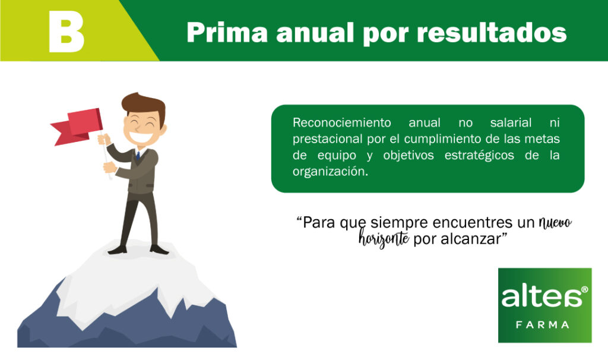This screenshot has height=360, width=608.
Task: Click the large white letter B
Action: pyautogui.click(x=66, y=31)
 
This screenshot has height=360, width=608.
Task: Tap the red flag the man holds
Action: pyautogui.click(x=78, y=127)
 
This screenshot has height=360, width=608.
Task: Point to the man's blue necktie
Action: pyautogui.click(x=138, y=156)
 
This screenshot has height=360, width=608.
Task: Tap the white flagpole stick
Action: pyautogui.click(x=106, y=156)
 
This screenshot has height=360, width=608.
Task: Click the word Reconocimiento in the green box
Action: pyautogui.click(x=341, y=122)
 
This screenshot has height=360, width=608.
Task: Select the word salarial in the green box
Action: pyautogui.click(x=511, y=122)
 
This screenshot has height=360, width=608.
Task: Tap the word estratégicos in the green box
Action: pyautogui.click(x=479, y=155)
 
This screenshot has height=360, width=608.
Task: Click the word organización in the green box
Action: pyautogui.click(x=330, y=172)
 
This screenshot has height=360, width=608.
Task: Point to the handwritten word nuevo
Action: pyautogui.click(x=555, y=223)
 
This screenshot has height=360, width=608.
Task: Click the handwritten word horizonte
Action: pyautogui.click(x=384, y=238)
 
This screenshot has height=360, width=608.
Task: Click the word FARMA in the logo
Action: pyautogui.click(x=543, y=324)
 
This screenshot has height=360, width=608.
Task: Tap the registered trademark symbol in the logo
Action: pyautogui.click(x=584, y=289)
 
